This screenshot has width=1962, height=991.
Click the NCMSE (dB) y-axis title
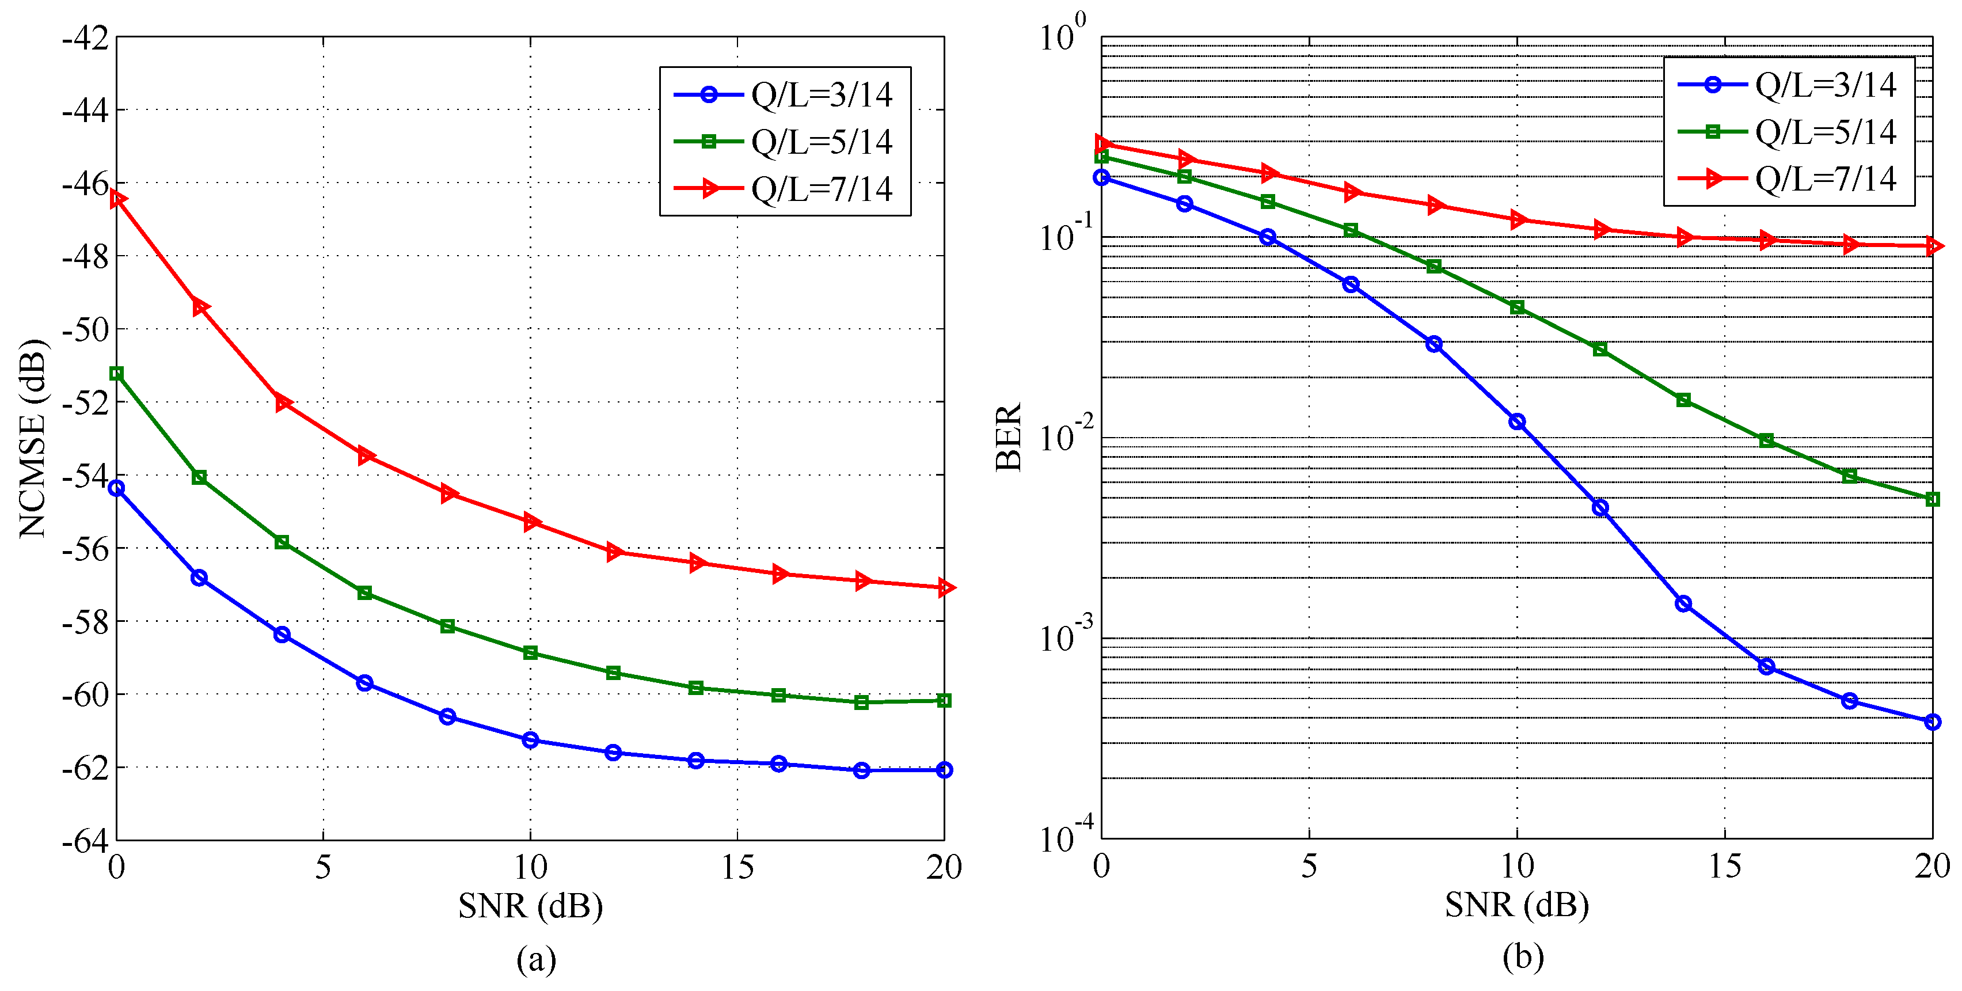(x=32, y=439)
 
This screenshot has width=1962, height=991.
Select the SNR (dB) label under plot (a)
(x=530, y=906)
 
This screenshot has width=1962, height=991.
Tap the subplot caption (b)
(x=1523, y=956)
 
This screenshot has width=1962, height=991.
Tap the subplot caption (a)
(x=536, y=959)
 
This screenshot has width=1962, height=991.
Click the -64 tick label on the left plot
(x=85, y=841)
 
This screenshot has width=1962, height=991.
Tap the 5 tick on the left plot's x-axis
(x=323, y=867)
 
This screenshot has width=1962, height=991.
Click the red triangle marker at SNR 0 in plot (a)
(x=117, y=199)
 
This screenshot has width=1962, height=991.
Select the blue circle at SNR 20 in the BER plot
(x=1932, y=722)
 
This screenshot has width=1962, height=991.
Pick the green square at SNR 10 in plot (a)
(x=530, y=653)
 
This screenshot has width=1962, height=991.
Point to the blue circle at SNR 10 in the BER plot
(x=1516, y=422)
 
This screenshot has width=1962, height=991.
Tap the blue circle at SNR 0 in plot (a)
(x=116, y=488)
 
